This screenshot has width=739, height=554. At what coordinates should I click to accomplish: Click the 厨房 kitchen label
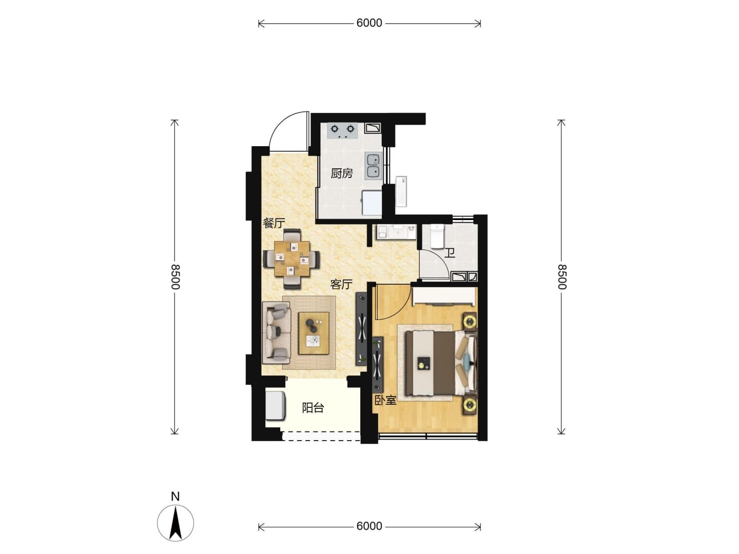pos(341,173)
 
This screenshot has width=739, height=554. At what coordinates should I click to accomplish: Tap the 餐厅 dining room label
pos(274,223)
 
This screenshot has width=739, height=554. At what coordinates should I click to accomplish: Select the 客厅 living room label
pos(341,285)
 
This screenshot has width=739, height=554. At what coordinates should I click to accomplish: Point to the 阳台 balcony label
pos(313,408)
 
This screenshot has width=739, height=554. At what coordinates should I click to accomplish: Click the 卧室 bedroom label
pos(385,400)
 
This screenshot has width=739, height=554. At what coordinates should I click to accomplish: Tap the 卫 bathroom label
pos(450,253)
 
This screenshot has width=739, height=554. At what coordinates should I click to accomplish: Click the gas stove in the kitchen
pos(342,131)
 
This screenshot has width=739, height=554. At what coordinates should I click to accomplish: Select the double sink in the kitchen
pos(374,166)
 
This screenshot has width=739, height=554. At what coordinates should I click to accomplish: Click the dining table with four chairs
pos(291,259)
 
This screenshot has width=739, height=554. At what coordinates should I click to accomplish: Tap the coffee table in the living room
pos(314,333)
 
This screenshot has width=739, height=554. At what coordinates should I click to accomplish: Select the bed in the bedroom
pos(441,363)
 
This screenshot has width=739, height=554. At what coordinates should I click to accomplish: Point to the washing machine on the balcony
pos(276,405)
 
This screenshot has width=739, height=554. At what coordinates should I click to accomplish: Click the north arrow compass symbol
pos(176,523)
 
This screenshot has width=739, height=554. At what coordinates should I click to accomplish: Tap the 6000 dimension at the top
pos(369,23)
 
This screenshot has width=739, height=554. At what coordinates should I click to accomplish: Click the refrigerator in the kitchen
pos(372,203)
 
